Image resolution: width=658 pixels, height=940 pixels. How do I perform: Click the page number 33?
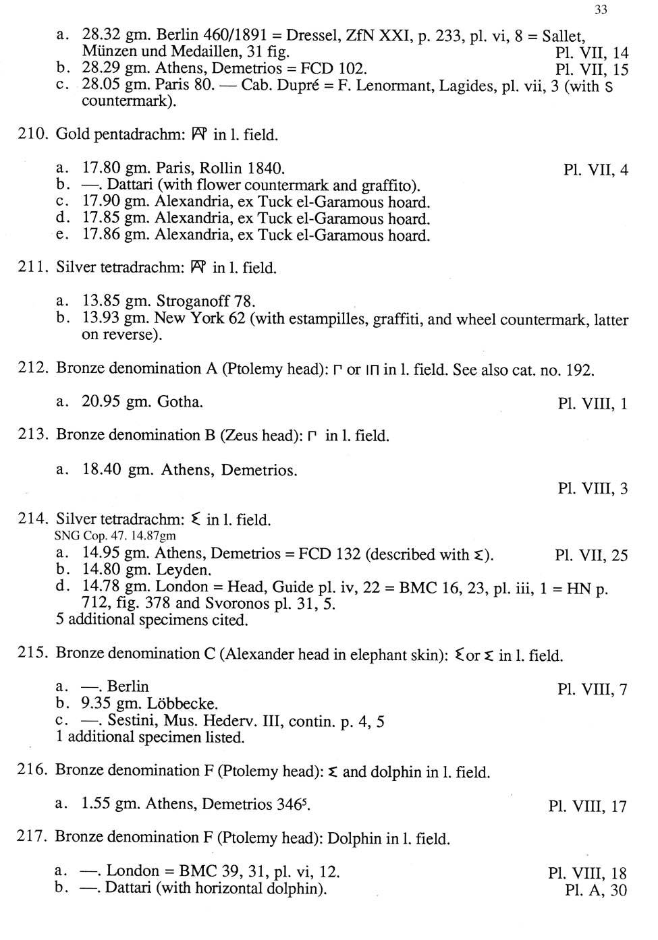point(601,9)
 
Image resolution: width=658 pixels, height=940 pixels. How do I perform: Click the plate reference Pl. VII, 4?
point(595,170)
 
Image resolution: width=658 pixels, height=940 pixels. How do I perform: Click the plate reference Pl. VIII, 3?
point(593,488)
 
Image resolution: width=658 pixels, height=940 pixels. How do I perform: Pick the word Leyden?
point(184,570)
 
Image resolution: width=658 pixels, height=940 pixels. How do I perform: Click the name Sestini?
point(133,721)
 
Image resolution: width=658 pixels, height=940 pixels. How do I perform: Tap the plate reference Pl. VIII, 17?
point(588,806)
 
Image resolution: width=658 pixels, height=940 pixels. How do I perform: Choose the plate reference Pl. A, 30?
point(596,891)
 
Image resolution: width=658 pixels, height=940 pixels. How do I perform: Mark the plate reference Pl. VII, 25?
point(591,555)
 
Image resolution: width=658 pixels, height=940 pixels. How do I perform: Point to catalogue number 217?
point(32,837)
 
